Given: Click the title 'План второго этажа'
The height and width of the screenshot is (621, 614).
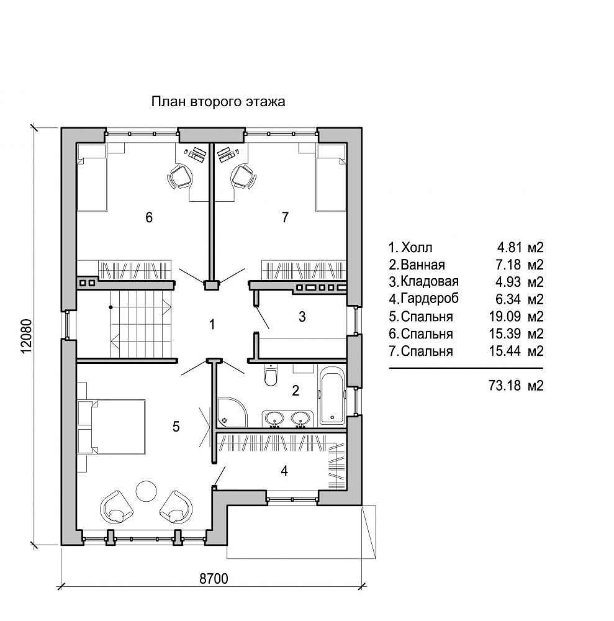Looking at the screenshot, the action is coord(218,102).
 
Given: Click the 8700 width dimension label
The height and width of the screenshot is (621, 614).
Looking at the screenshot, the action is coord(214,578).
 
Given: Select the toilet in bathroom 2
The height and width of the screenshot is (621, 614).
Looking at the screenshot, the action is coord(271,375).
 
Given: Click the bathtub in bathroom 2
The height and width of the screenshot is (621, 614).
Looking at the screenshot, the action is coord(332,395).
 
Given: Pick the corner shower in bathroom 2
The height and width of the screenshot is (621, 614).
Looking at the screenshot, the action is coord(232,412).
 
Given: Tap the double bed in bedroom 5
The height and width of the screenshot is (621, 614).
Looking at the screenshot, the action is coord(112,427).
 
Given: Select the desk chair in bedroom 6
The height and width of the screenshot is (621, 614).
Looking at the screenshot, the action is coord(180,176).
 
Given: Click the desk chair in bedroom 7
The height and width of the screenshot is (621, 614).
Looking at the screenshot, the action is coord(243,176).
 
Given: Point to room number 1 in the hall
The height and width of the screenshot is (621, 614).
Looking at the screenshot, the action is coord(212,324).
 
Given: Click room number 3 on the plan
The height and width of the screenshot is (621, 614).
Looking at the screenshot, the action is coord(302,317).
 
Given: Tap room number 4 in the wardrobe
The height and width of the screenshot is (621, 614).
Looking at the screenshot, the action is coord(284,471).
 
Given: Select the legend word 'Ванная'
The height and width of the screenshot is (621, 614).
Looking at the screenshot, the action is coord(423,265).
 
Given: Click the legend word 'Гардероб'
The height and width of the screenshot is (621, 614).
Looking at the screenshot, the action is coord(430,298).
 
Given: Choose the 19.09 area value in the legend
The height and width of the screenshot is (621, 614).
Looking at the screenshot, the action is coord(505,317).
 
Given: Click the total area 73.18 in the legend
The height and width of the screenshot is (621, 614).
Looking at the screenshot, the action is coord(505,385).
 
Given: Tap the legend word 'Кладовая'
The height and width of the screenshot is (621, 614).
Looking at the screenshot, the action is coord(430,281).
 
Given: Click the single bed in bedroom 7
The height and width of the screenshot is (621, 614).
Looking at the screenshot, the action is coord(332,177).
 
